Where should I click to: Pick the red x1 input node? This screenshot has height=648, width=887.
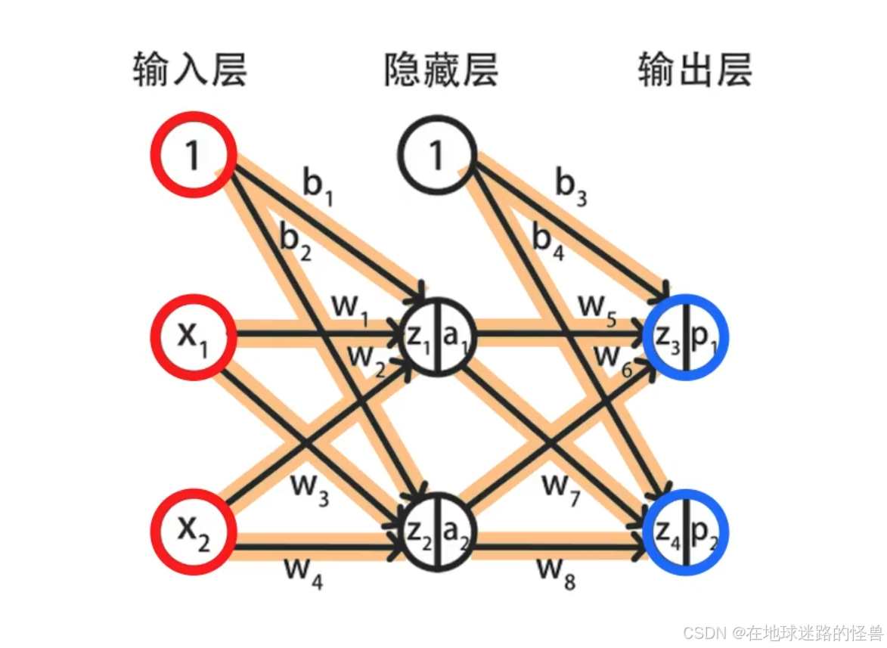192,336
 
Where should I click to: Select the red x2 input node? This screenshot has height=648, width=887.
192,532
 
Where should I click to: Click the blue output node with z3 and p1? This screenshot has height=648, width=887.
684,336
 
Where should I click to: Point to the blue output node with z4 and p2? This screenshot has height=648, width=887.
684,532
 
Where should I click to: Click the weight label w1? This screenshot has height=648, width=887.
350,308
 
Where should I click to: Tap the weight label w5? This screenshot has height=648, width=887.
598,308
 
